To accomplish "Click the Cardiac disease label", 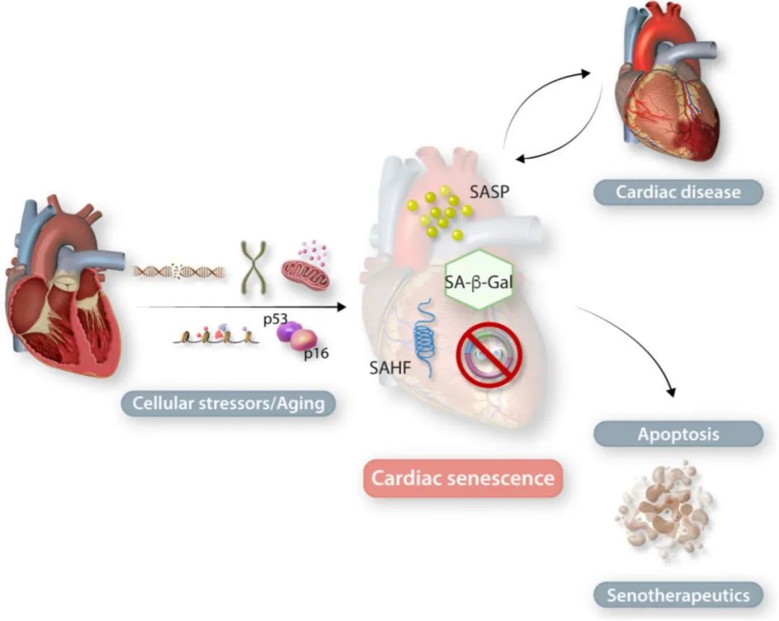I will pos(678,193).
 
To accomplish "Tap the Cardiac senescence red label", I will pos(462,477).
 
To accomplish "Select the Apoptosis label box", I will pos(678,434).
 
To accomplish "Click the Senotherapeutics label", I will pos(678,595).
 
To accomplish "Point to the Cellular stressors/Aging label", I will pos(229,402).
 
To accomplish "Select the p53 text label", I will pos(276,319).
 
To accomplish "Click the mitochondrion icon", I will pos(304,273).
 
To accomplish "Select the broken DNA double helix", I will pos(180,271).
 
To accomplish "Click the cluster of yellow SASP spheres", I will pos(439,213).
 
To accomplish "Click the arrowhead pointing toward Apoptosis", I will pos(673,393).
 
